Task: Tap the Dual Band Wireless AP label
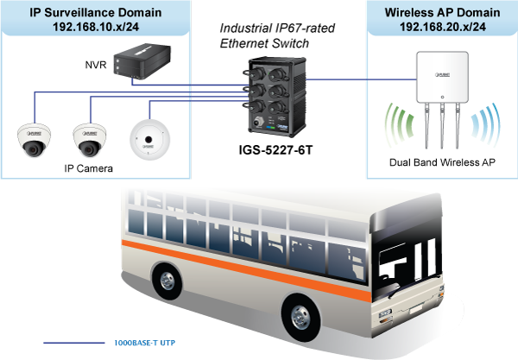[442, 161]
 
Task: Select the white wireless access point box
[442, 81]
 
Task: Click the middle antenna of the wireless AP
[442, 125]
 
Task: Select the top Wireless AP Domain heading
[443, 13]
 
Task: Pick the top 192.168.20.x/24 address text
[443, 28]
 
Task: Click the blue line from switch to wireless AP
[337, 79]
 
